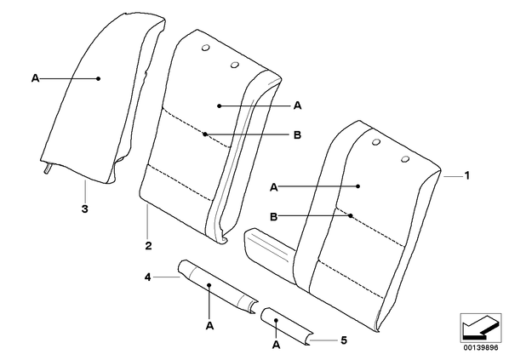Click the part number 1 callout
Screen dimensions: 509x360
tap(466, 175)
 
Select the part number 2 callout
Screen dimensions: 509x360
tap(148, 246)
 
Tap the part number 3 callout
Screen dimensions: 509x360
tap(84, 209)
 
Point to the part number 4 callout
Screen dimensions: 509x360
tap(148, 277)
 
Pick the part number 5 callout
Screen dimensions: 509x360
tap(344, 340)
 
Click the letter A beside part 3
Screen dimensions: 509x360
tap(35, 78)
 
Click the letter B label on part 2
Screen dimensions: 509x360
tap(297, 134)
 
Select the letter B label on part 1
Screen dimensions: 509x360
tap(274, 216)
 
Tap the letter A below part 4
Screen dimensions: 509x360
tap(209, 326)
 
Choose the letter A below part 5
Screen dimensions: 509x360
tap(276, 345)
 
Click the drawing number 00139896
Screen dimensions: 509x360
tap(480, 348)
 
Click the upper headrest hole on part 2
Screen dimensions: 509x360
tap(205, 48)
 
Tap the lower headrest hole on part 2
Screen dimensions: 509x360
tap(234, 65)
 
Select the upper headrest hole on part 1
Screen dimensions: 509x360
tap(376, 142)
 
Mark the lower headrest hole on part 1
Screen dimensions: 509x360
tap(405, 159)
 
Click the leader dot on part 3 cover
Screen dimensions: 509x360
tap(99, 78)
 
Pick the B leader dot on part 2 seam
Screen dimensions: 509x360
tap(205, 134)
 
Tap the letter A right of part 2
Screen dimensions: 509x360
tap(297, 106)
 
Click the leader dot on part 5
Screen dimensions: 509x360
tap(276, 320)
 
